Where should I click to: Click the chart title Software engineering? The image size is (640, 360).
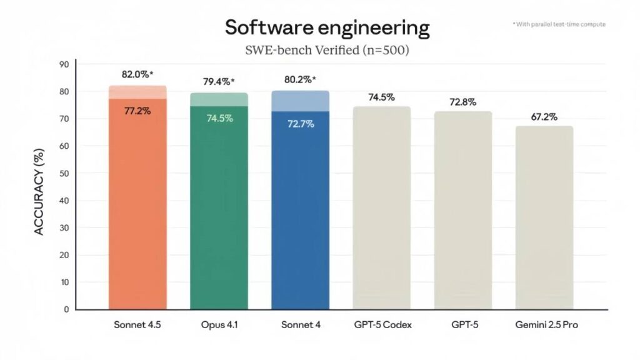tap(327, 27)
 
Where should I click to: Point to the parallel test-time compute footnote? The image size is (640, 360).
tap(559, 24)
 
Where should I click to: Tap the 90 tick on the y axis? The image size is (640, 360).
tap(64, 64)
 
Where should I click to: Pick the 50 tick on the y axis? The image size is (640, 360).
tap(64, 173)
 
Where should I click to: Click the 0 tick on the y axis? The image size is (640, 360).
tap(66, 309)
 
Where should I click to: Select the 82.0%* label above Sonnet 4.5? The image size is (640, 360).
tap(137, 74)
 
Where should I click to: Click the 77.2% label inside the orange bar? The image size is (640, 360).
tap(137, 111)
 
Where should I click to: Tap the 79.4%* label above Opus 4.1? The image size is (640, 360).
tap(219, 82)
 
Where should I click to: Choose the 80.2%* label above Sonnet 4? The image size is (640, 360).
tap(300, 79)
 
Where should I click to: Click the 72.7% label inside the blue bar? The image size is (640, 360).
tap(300, 124)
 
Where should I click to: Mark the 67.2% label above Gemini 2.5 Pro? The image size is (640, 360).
tap(544, 117)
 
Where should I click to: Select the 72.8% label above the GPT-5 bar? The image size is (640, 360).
tap(462, 102)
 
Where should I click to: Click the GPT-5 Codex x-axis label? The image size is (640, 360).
tap(381, 326)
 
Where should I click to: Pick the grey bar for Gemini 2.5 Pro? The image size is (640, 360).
tap(544, 219)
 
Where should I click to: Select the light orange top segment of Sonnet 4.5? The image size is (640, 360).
tap(137, 92)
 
